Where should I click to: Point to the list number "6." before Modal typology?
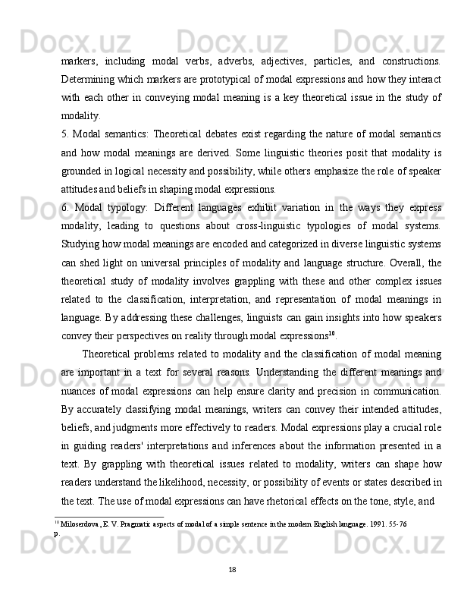coord(66,207)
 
